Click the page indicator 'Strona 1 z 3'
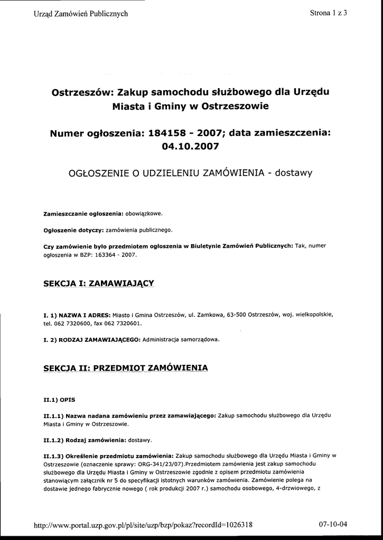(x=328, y=14)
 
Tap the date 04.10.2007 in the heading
(x=190, y=146)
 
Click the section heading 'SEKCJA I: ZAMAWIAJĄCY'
(x=98, y=284)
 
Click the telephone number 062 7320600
(x=70, y=323)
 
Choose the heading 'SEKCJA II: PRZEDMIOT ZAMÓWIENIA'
(x=125, y=367)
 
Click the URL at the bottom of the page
(x=143, y=525)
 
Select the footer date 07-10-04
(x=333, y=525)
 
